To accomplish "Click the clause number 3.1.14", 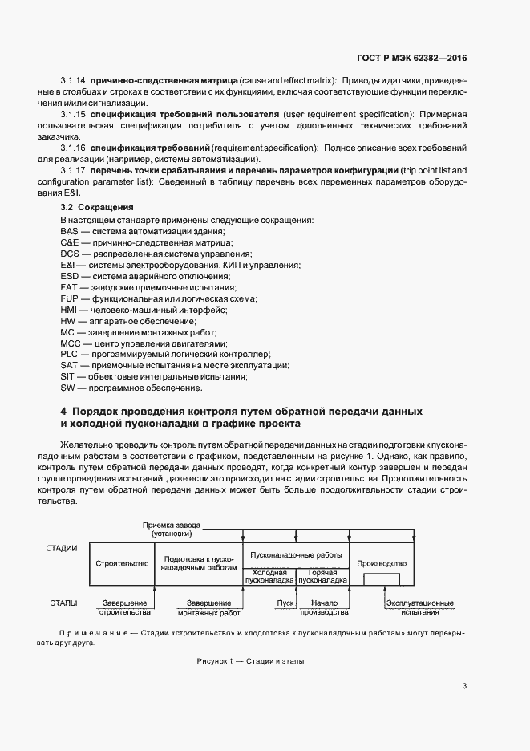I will pyautogui.click(x=75, y=81).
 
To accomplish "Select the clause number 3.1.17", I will pyautogui.click(x=75, y=172).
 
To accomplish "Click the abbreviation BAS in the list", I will pyautogui.click(x=69, y=231).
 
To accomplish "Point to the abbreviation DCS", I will pyautogui.click(x=69, y=254).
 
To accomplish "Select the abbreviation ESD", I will pyautogui.click(x=69, y=276).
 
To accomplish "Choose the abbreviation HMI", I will pyautogui.click(x=70, y=310).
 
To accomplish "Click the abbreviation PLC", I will pyautogui.click(x=69, y=354).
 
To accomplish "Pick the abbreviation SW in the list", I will pyautogui.click(x=67, y=388).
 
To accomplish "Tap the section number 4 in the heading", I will pyautogui.click(x=63, y=411).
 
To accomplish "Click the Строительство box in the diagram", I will pyautogui.click(x=122, y=564).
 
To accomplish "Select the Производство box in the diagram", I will pyautogui.click(x=382, y=564).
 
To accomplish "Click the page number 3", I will pyautogui.click(x=465, y=685).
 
